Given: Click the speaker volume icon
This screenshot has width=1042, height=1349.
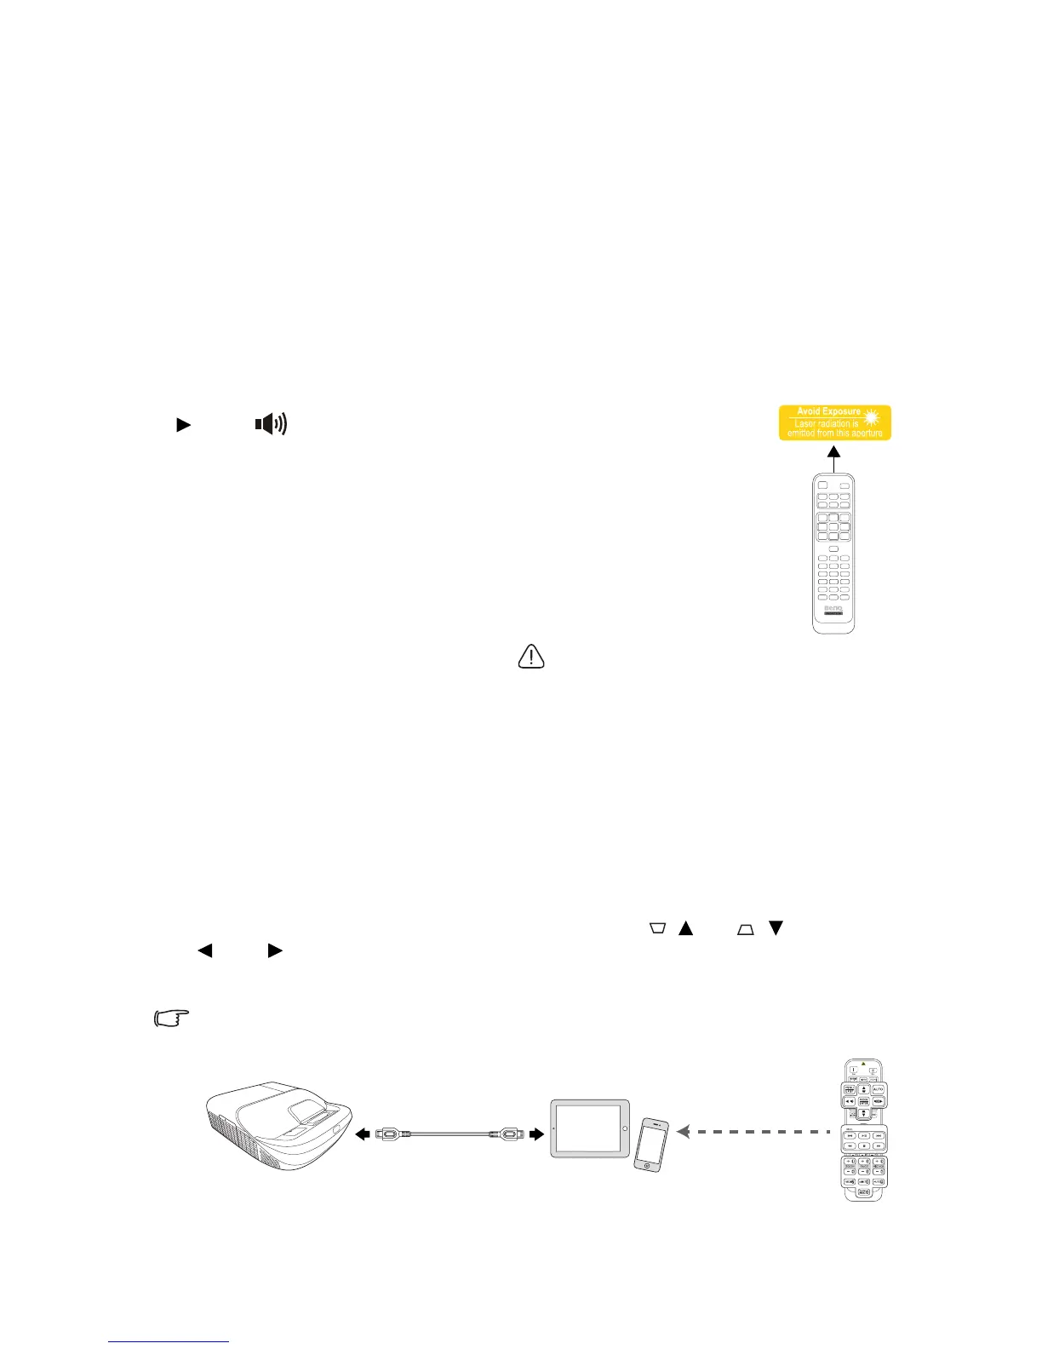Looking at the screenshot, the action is point(271,423).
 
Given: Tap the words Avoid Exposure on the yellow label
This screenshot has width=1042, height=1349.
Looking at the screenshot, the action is point(827,411).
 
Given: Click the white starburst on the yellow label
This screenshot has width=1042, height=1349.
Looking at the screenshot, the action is point(870,417).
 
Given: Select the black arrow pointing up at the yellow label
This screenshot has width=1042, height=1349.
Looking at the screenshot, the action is point(834,456).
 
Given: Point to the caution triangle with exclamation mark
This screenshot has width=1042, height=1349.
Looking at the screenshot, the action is point(531,656).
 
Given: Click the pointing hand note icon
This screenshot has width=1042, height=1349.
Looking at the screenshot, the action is point(171,1018).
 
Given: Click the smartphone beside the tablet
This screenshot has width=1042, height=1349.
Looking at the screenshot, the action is point(650,1144).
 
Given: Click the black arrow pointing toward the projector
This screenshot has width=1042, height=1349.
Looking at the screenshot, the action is point(363,1134).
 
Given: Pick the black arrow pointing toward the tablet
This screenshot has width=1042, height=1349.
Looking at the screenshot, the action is point(535,1134).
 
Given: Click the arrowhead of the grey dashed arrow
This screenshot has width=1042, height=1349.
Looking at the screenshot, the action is point(683,1132).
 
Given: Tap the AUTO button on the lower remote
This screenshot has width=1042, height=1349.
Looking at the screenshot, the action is point(878,1089).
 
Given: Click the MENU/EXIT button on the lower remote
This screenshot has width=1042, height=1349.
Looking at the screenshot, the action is point(849,1089).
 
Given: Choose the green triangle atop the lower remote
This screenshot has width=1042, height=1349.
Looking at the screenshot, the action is point(863,1064).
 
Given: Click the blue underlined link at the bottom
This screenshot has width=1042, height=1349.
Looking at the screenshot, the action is point(169,1341).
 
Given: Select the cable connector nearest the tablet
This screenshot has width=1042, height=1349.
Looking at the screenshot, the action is point(510,1134).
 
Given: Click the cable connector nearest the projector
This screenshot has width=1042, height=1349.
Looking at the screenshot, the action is point(387,1134).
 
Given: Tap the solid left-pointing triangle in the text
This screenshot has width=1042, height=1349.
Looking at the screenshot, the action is point(204,950).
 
